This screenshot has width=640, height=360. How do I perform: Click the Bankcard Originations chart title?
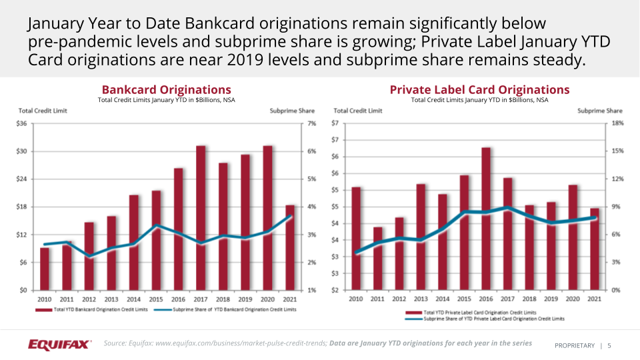point(166,89)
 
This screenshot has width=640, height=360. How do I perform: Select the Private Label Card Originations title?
point(479,89)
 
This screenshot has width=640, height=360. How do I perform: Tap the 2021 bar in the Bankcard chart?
point(291,247)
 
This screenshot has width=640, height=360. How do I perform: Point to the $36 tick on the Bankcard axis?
point(21,123)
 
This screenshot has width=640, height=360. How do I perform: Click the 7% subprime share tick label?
point(311,123)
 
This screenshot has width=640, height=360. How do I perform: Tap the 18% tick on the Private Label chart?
point(617,123)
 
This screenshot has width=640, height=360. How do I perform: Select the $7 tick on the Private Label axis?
point(336,123)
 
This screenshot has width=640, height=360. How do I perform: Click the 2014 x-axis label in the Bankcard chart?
point(133,299)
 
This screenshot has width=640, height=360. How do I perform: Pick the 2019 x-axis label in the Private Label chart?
point(551,299)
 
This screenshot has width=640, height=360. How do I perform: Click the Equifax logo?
point(59,344)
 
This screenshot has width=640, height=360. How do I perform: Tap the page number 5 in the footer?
point(609,345)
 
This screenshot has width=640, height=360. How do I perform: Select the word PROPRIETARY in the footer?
point(574,345)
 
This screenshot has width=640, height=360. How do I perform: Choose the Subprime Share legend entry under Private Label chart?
point(493,319)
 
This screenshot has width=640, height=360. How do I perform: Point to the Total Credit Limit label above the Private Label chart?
point(357,111)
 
